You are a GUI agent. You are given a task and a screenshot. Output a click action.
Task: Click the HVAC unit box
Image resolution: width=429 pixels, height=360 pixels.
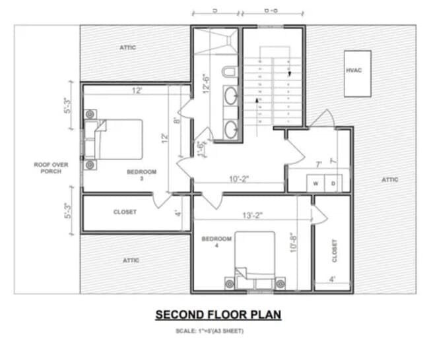tap(356, 73)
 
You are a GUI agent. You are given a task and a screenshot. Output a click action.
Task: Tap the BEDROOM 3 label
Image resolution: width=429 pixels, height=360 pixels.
tap(142, 174)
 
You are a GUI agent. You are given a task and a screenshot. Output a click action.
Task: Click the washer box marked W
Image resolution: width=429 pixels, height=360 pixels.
tap(315, 183)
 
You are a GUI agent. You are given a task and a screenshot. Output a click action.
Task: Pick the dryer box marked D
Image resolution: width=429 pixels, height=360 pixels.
tap(333, 183)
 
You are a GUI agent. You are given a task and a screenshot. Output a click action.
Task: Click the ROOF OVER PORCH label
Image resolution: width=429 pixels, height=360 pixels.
tap(48, 167)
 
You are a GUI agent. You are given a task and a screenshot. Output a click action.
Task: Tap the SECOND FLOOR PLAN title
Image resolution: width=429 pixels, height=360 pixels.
tap(218, 315)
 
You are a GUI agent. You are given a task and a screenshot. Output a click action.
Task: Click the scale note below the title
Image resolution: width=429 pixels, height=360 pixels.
tap(209, 330)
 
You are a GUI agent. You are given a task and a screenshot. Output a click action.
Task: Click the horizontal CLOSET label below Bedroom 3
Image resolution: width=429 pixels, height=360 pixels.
tap(125, 212)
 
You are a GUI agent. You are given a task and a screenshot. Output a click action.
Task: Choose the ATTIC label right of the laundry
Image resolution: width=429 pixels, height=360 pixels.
tap(390, 179)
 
